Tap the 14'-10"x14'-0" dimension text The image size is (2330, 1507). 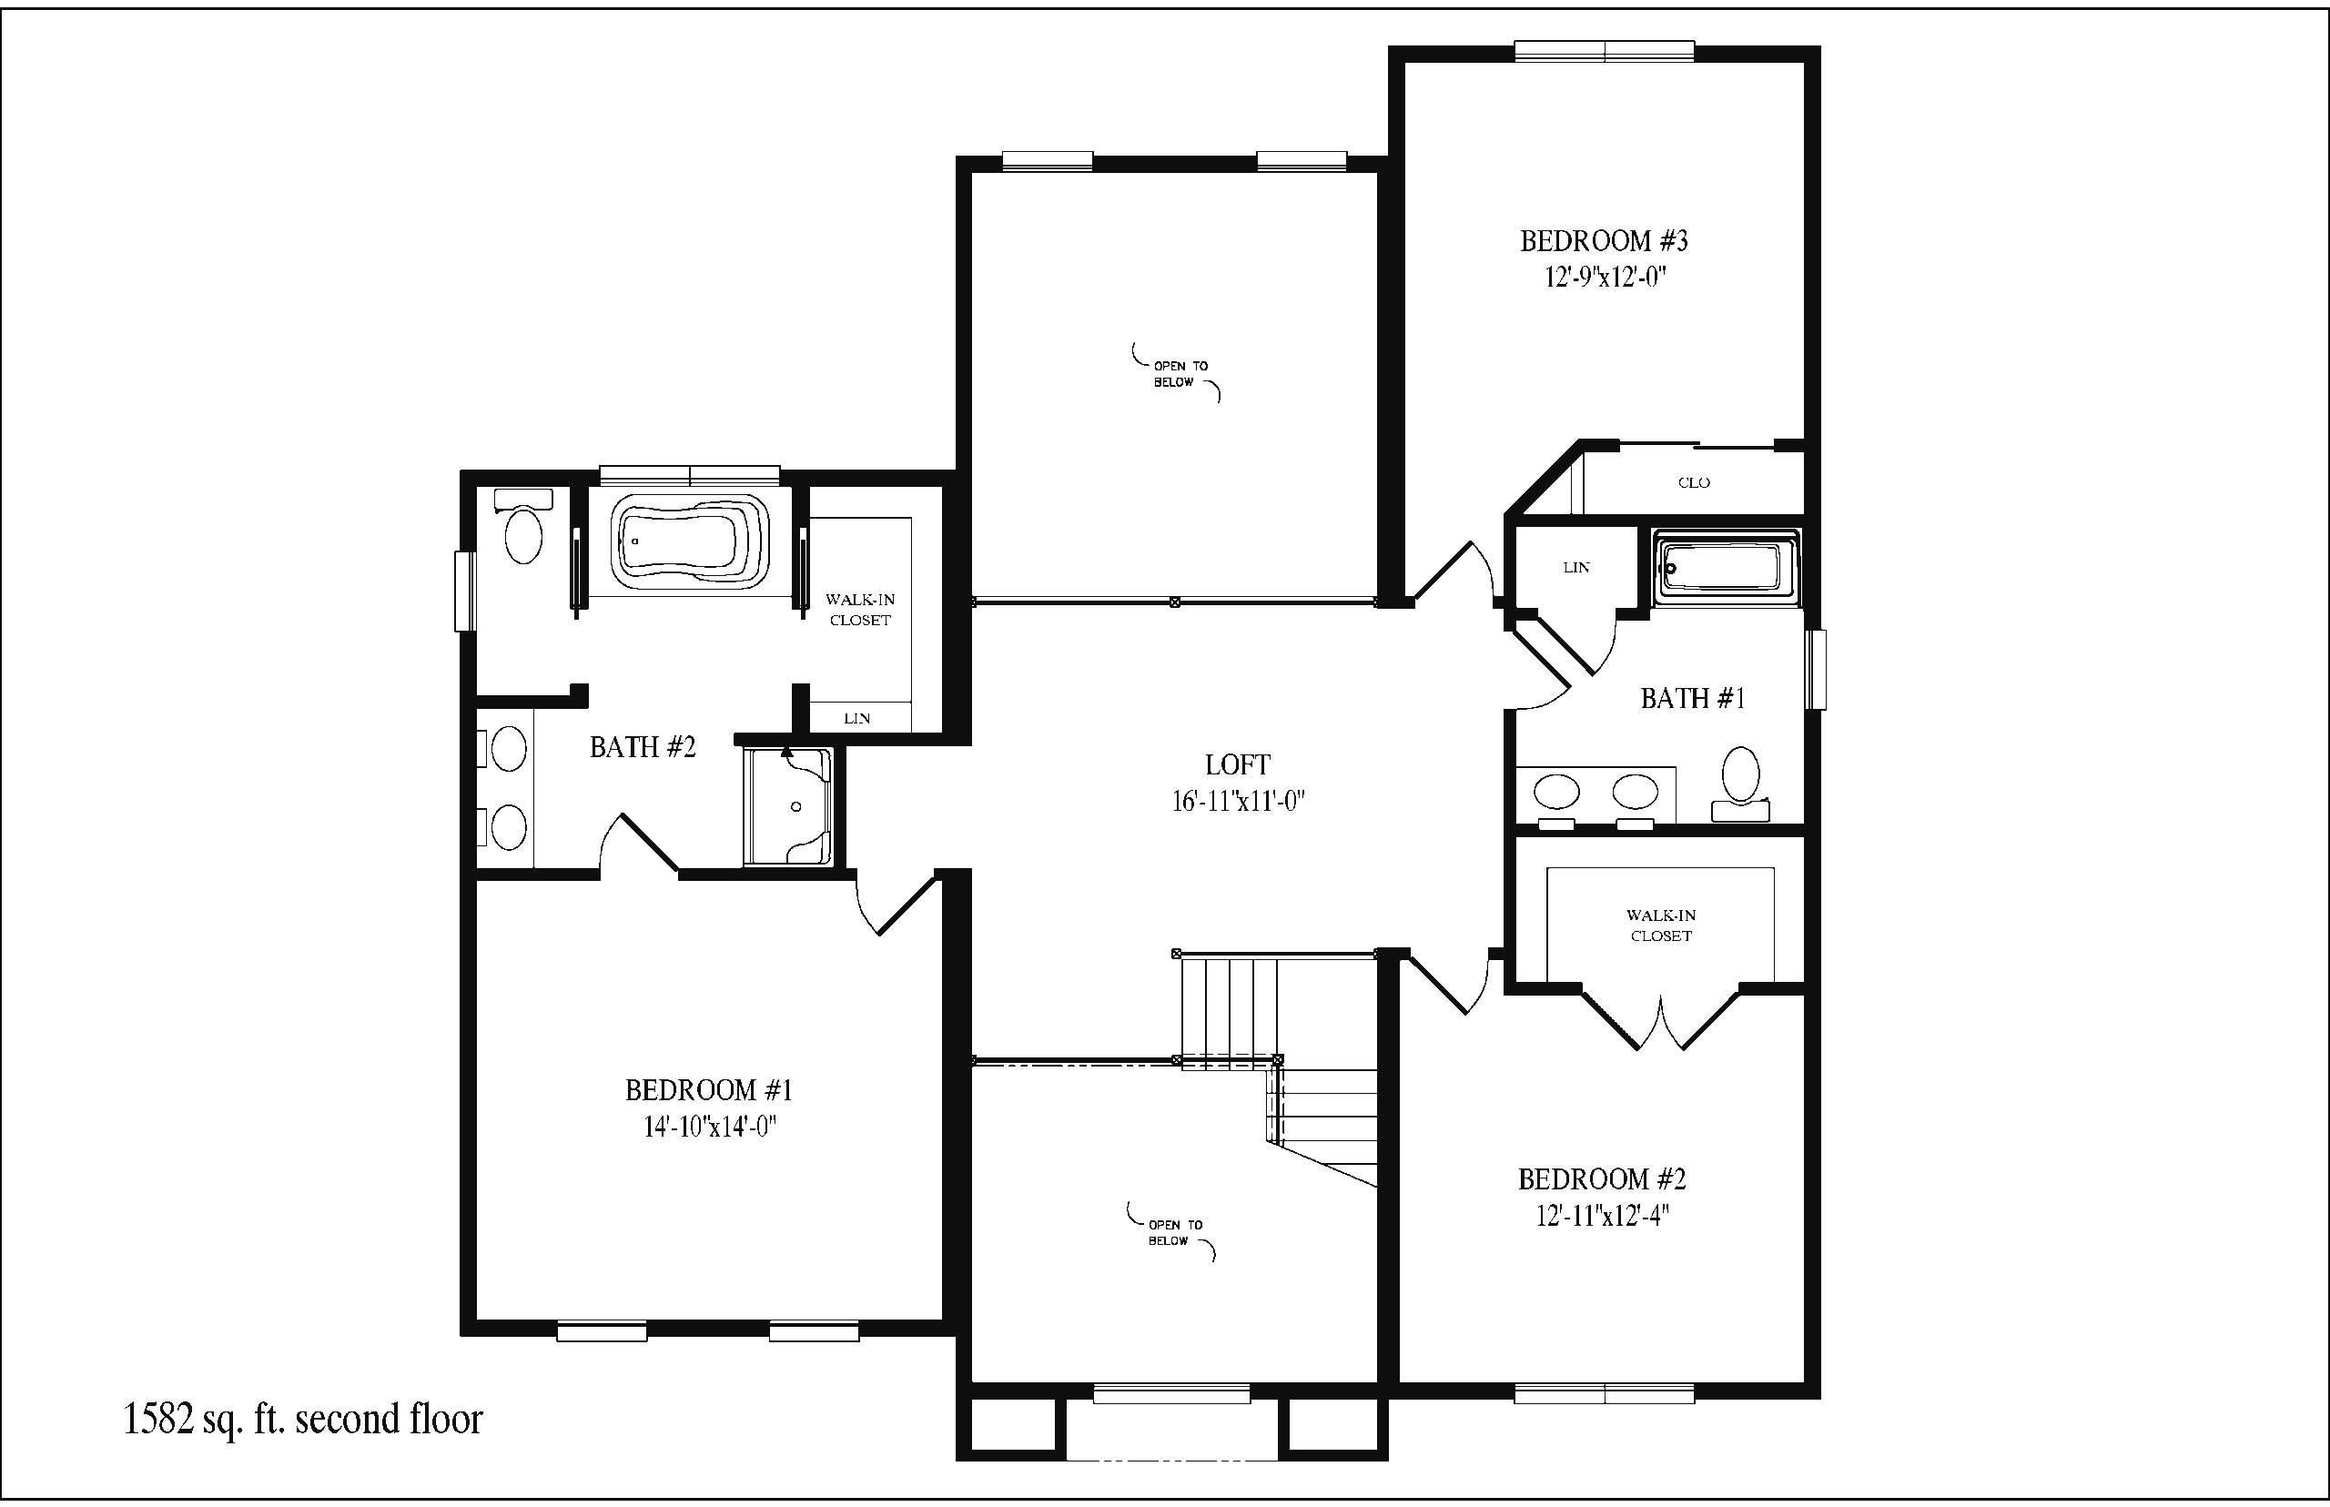(710, 1128)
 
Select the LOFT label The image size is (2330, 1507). (1238, 764)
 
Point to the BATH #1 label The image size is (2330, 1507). (1693, 698)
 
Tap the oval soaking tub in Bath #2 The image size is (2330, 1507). (690, 541)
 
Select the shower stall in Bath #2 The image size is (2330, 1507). (788, 806)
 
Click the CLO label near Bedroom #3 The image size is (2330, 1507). (1694, 482)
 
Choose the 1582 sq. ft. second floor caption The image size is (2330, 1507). (303, 1419)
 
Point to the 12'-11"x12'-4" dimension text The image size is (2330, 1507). (1602, 1217)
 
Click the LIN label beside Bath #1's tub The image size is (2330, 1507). (1576, 568)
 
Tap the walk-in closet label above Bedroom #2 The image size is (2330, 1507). (1662, 925)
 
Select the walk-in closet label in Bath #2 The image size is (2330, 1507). (860, 610)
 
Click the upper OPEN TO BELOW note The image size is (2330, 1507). (1176, 373)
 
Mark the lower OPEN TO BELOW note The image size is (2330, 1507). (1171, 1232)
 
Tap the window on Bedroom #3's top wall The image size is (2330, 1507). (1605, 51)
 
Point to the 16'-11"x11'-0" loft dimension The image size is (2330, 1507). (1239, 802)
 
